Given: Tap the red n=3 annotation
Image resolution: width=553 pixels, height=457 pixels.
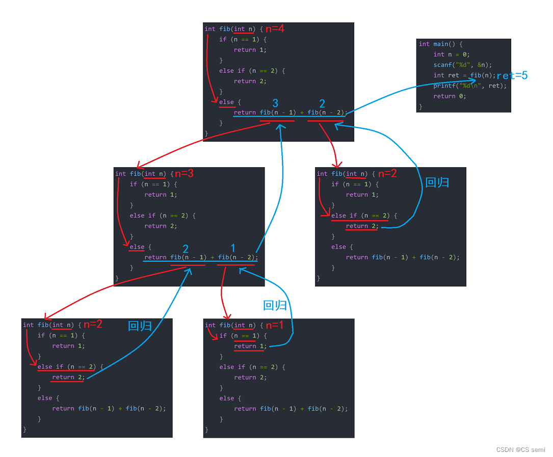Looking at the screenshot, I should (x=184, y=174).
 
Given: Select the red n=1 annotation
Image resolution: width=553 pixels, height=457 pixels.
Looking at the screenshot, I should (x=275, y=325).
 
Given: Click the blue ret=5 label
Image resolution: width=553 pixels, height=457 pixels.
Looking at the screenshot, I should (x=512, y=75).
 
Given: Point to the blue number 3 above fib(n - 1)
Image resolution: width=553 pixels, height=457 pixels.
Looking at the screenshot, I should (x=275, y=104).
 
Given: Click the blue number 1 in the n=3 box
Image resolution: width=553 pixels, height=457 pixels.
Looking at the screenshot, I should (x=233, y=248).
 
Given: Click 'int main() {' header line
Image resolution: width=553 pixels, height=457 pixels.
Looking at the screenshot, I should (x=441, y=44).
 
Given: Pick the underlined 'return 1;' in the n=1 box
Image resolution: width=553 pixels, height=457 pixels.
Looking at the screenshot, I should (x=250, y=346).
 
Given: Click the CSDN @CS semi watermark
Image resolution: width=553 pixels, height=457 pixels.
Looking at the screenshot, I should (x=520, y=450).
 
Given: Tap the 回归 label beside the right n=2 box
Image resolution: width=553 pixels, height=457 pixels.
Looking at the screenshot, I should (x=437, y=182).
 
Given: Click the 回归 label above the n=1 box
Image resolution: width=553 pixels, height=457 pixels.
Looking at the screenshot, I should (x=275, y=306).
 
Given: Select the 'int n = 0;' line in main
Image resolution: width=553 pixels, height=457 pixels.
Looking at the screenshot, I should (x=451, y=55).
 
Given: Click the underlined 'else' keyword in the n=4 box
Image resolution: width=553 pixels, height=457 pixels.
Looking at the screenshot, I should (x=226, y=102).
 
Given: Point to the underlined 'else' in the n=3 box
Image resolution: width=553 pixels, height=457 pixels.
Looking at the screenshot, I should (x=137, y=247).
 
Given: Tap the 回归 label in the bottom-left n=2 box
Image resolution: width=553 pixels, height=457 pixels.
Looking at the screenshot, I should (x=140, y=326).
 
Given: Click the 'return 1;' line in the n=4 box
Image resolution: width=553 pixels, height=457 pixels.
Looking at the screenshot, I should (x=250, y=50).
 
